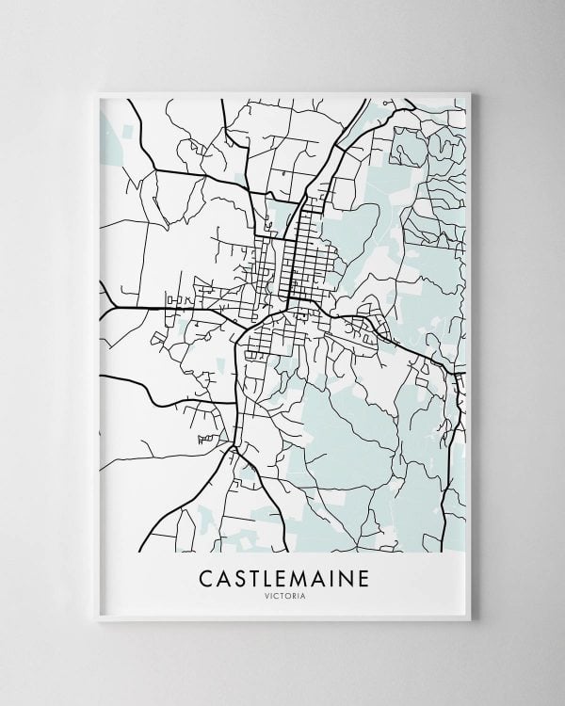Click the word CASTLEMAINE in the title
282,576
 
